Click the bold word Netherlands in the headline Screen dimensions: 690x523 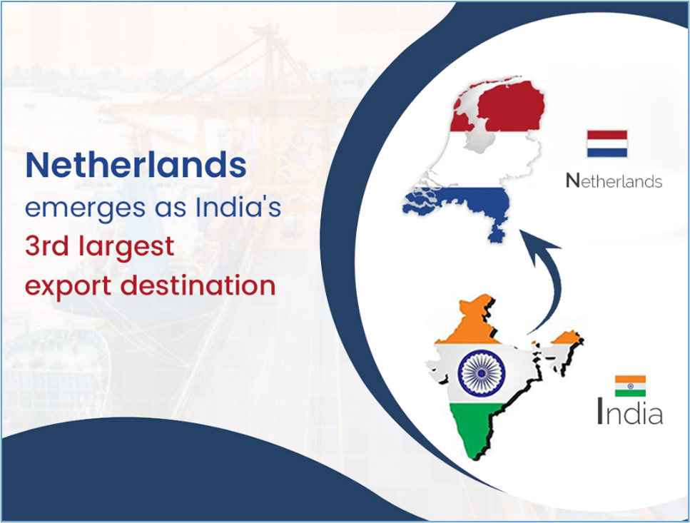tap(136, 165)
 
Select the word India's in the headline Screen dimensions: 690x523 tap(238, 205)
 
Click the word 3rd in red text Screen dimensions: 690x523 tap(46, 245)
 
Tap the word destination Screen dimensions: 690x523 tap(198, 285)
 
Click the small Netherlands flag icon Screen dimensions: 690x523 tap(607, 144)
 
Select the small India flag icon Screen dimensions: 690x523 tap(630, 386)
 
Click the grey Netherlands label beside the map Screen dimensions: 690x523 tap(614, 181)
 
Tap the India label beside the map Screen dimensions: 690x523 tap(630, 411)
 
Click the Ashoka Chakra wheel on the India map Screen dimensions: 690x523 tap(482, 373)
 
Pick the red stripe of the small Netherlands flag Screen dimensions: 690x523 tap(607, 135)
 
